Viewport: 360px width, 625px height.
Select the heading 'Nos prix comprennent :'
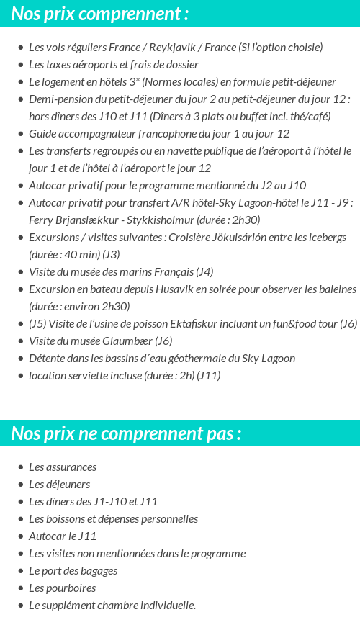(100, 14)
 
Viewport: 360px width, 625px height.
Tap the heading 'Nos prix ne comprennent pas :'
(126, 433)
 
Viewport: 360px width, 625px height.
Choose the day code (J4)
(204, 272)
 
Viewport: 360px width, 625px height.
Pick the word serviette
(93, 376)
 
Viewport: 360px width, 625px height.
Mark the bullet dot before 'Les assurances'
(21, 467)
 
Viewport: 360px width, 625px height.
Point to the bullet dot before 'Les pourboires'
(21, 588)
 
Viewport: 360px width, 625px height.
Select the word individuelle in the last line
(166, 606)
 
